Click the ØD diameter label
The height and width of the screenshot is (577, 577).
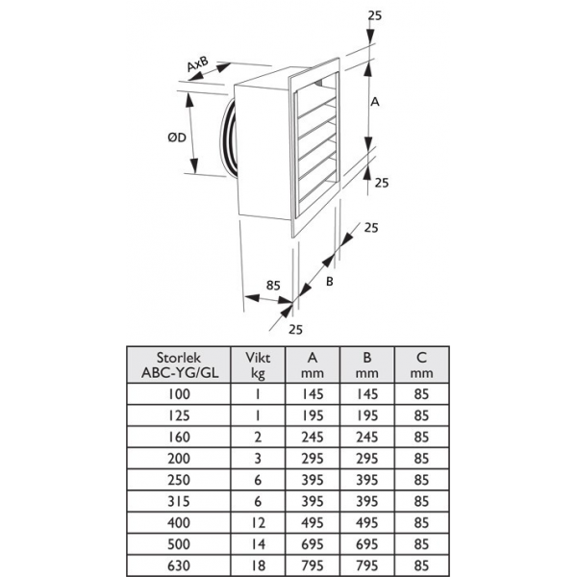point(177,138)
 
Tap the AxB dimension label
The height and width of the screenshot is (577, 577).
point(197,64)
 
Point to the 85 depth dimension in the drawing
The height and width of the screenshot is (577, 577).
point(273,286)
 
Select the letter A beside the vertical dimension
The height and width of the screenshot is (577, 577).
point(375,102)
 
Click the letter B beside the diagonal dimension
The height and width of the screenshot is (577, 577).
point(330,282)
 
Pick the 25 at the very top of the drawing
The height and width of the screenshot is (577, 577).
point(375,15)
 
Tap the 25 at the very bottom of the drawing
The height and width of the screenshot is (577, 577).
point(295,329)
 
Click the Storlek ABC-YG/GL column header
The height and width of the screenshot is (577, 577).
point(179,365)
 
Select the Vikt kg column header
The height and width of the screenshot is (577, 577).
point(258,365)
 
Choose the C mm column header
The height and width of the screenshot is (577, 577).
point(421,365)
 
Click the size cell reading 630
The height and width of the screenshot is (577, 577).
point(179,565)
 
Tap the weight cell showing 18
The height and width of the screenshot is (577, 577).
point(258,565)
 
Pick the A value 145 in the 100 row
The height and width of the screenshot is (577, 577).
point(313,394)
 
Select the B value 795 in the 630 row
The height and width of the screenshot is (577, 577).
point(367,565)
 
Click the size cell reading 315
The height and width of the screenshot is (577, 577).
point(179,501)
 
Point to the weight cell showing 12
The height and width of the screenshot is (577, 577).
point(258,522)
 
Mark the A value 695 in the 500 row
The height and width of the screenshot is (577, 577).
point(313,544)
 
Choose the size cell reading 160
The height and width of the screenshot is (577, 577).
point(179,437)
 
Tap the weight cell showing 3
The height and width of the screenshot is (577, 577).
point(258,459)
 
